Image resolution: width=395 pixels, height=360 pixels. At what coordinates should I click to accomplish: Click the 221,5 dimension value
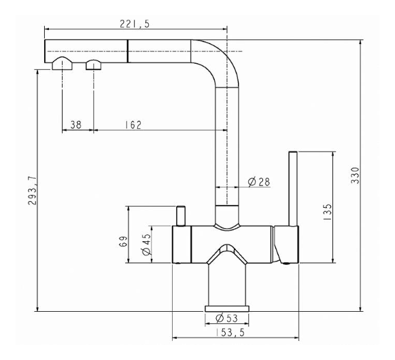click(x=135, y=24)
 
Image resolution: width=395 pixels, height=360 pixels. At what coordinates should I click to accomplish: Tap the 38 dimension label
click(x=76, y=124)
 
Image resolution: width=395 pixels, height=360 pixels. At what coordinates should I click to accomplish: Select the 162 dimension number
click(x=133, y=124)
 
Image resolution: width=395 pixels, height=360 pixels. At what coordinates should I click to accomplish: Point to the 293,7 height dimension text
click(x=33, y=191)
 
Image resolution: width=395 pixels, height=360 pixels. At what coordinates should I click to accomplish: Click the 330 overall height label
click(x=355, y=175)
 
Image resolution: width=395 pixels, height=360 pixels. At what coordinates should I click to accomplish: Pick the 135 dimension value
click(x=328, y=212)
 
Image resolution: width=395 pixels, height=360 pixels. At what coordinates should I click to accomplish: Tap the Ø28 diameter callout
click(x=259, y=182)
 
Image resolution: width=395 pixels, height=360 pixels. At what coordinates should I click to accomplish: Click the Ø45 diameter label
click(x=146, y=245)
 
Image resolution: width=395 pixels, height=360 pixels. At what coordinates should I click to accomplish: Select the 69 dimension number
click(x=123, y=241)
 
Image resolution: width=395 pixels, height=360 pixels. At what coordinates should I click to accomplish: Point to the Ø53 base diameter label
click(x=226, y=319)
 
